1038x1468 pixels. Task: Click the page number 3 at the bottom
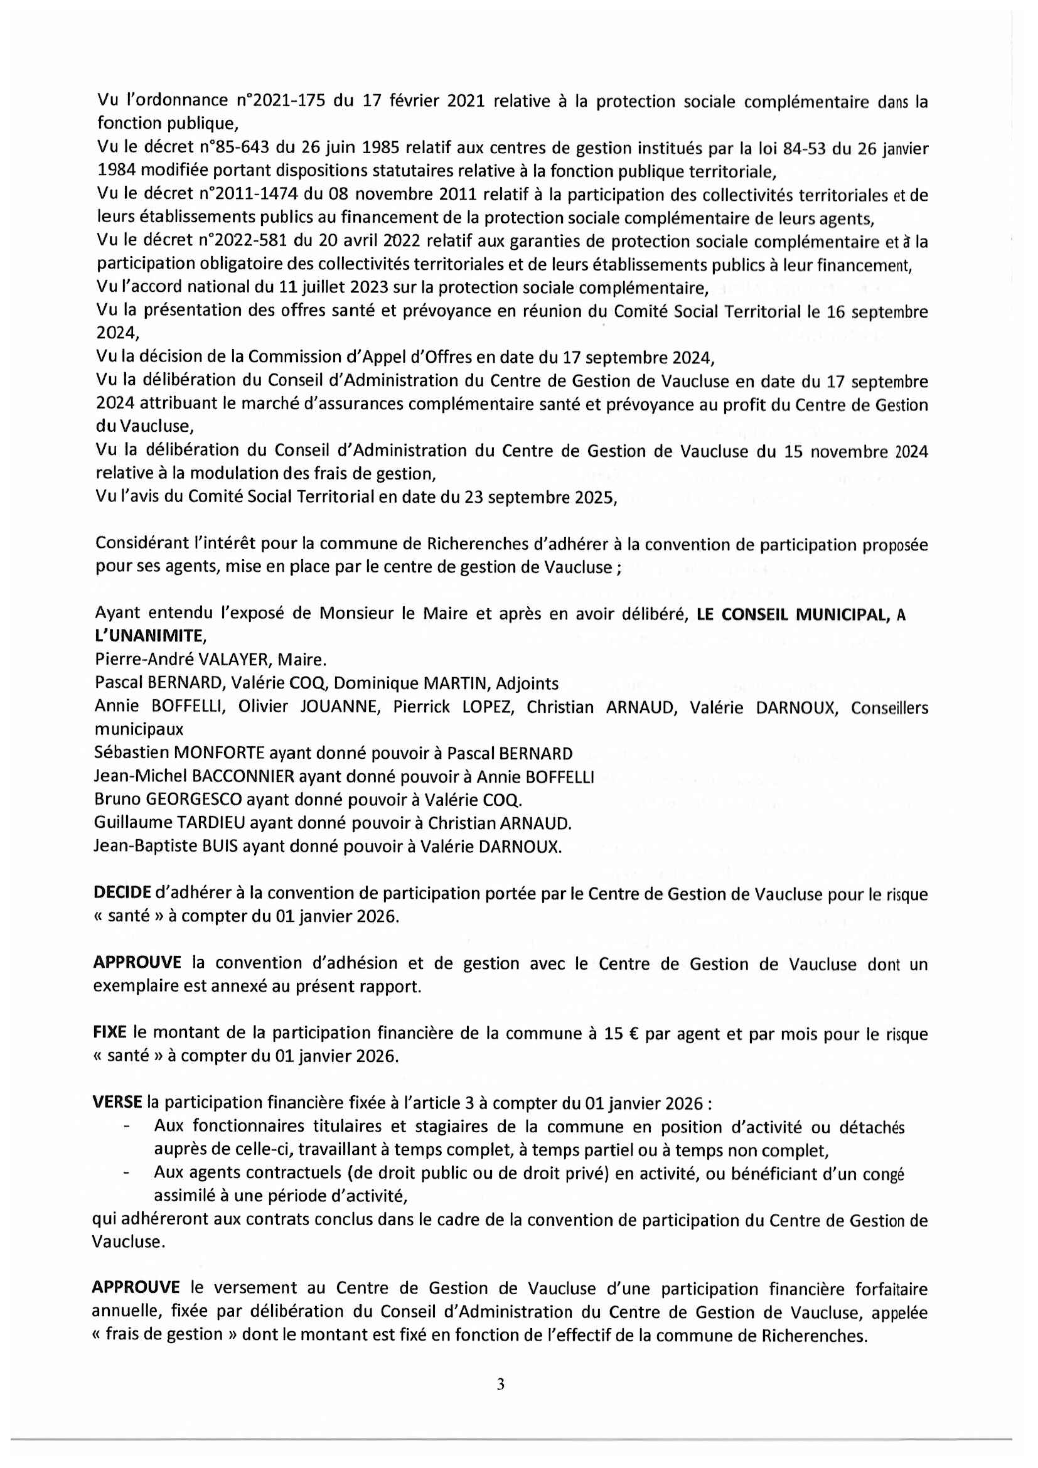[500, 1385]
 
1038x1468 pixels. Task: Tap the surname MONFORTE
[211, 753]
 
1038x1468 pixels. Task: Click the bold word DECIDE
[122, 893]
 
